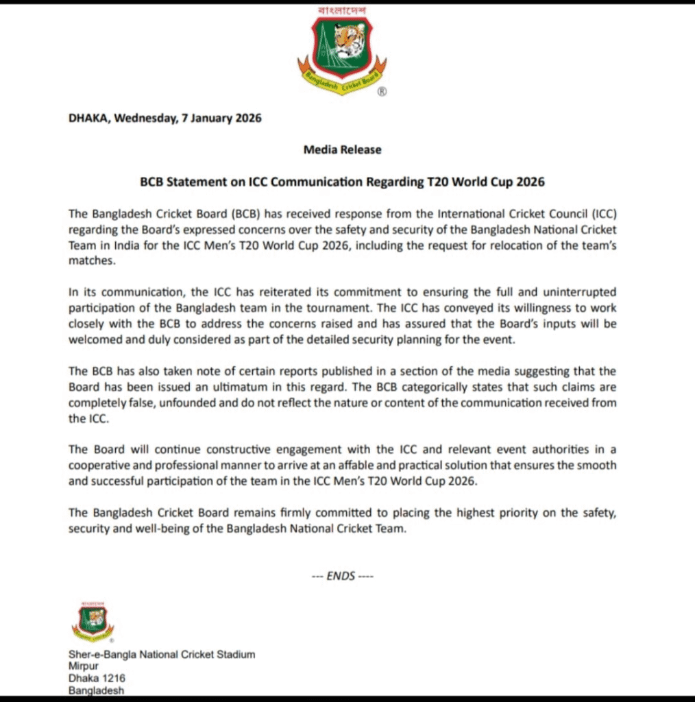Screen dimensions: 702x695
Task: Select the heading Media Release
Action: pyautogui.click(x=342, y=149)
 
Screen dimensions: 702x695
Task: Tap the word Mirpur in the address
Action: pyautogui.click(x=84, y=666)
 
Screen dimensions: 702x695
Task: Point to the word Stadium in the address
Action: pyautogui.click(x=235, y=654)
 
